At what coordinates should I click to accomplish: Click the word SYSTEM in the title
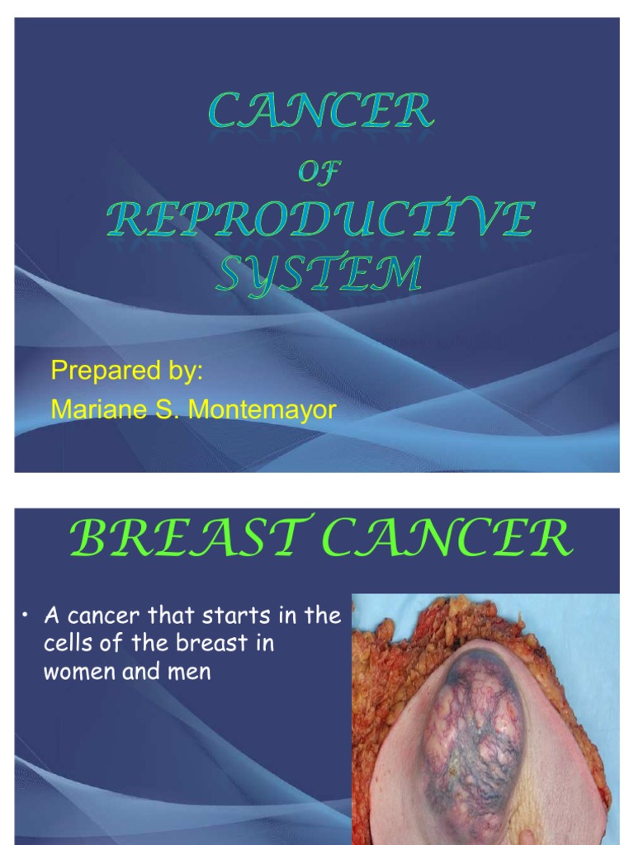click(x=319, y=273)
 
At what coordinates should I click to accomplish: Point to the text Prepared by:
click(x=126, y=371)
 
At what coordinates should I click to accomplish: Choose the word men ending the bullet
click(x=191, y=672)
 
